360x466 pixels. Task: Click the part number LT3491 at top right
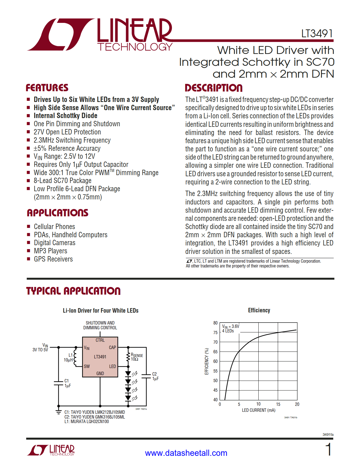(x=317, y=34)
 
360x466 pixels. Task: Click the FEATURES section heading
(x=47, y=88)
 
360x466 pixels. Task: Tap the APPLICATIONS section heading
(x=58, y=213)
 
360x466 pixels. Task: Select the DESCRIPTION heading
(x=213, y=88)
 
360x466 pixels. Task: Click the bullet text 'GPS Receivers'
(x=53, y=259)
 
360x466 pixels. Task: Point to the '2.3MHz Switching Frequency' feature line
(x=72, y=140)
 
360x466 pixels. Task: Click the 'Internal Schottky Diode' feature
(x=66, y=116)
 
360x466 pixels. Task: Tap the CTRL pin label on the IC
(x=100, y=340)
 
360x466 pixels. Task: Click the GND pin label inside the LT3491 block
(x=100, y=373)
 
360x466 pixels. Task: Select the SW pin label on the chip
(x=87, y=366)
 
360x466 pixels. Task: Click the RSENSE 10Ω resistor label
(x=137, y=357)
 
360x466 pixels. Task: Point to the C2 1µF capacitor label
(x=155, y=376)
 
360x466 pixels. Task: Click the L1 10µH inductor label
(x=69, y=358)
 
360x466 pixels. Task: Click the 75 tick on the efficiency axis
(x=215, y=333)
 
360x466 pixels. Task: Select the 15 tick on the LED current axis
(x=278, y=404)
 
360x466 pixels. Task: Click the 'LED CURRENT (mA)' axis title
(x=258, y=410)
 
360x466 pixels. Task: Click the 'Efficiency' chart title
(x=259, y=310)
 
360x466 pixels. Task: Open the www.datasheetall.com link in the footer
(x=186, y=453)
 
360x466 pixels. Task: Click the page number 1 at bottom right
(x=328, y=449)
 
